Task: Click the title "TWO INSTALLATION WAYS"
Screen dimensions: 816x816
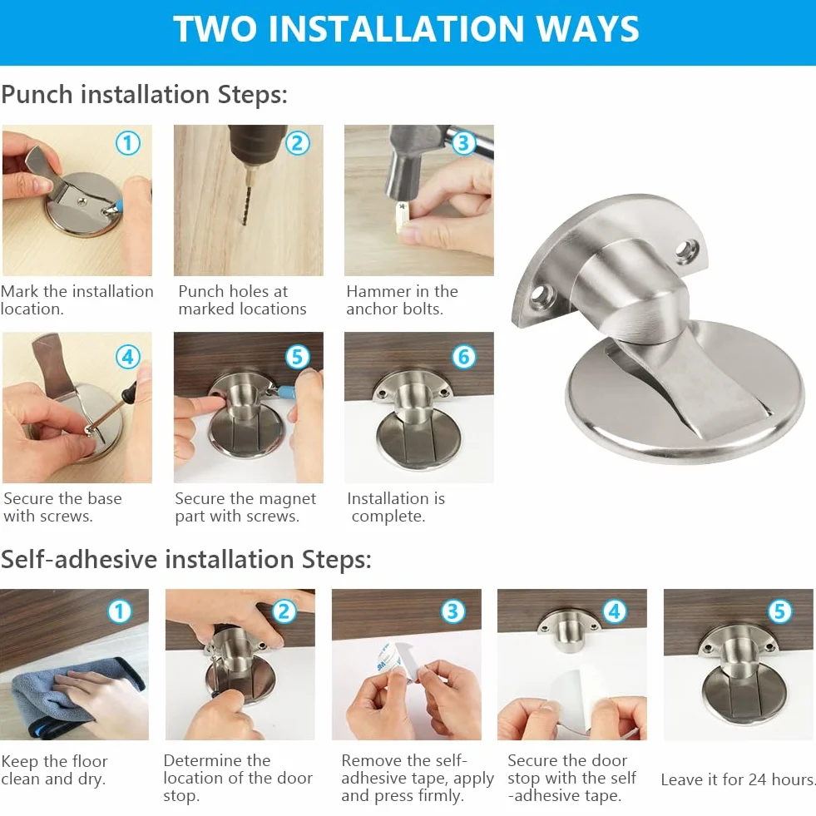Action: [x=406, y=28]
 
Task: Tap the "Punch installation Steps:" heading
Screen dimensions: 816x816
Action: [x=144, y=95]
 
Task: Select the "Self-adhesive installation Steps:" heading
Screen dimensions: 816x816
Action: [x=185, y=560]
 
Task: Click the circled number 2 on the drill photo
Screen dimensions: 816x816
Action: [x=298, y=142]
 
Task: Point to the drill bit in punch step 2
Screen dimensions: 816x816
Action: [x=245, y=195]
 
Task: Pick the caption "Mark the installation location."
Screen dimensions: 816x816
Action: [x=77, y=299]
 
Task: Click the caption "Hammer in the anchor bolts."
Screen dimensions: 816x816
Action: [x=402, y=299]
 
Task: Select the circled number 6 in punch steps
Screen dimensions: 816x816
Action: [x=463, y=357]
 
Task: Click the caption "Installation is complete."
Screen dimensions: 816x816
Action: [x=395, y=507]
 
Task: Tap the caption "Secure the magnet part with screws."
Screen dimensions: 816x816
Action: [x=245, y=507]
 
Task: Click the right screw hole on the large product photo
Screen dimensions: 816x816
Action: [x=687, y=250]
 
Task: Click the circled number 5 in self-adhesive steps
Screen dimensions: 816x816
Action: [x=779, y=611]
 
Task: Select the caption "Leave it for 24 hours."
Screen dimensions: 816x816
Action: [x=738, y=779]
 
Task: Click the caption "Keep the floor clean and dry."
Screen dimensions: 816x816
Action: [x=54, y=770]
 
